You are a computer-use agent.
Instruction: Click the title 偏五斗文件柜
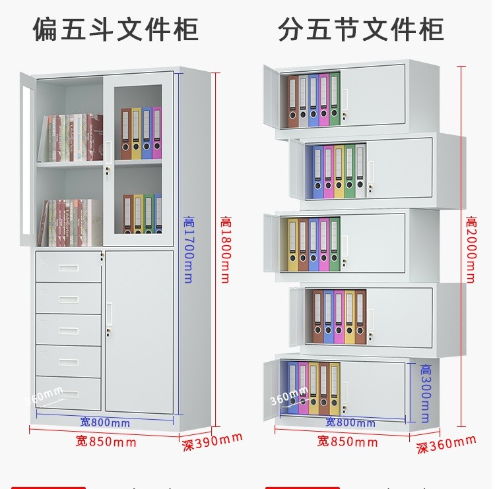(x=115, y=29)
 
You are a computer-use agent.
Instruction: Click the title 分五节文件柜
(x=361, y=29)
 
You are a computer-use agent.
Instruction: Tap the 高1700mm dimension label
(x=188, y=250)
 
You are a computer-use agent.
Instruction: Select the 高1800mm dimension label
(x=225, y=250)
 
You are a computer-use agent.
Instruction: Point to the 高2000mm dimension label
(x=471, y=250)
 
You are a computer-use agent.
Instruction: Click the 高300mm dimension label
(x=425, y=393)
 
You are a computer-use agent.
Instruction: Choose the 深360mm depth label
(x=445, y=445)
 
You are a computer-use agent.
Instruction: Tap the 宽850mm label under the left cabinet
(x=106, y=442)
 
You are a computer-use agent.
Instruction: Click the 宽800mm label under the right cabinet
(x=350, y=422)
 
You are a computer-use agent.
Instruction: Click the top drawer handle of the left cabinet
(x=68, y=268)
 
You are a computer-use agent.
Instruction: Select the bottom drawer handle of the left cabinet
(x=68, y=394)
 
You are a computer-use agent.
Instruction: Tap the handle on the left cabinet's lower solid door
(x=109, y=314)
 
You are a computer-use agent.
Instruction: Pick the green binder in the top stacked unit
(x=335, y=100)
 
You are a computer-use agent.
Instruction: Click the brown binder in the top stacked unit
(x=292, y=101)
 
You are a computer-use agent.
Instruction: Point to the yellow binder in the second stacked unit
(x=339, y=172)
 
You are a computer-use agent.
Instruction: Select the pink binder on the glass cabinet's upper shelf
(x=157, y=132)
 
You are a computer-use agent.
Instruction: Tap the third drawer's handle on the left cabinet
(x=68, y=331)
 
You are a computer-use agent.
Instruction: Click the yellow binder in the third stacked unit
(x=292, y=245)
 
